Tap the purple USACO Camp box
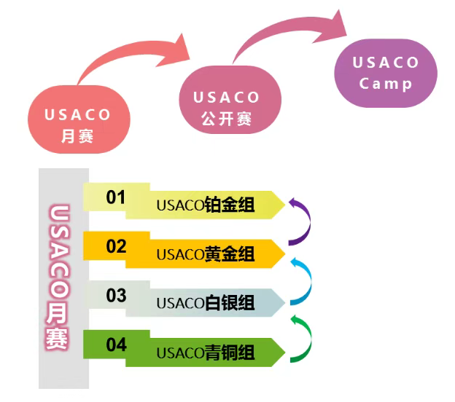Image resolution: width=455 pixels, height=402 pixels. [386, 73]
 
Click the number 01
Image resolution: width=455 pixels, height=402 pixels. [116, 197]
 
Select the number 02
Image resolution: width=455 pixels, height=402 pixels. [116, 246]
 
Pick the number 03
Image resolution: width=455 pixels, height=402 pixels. [116, 296]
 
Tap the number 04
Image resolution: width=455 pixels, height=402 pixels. [116, 344]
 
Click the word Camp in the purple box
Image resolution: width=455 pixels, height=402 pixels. [386, 83]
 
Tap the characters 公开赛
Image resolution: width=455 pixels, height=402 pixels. [227, 119]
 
